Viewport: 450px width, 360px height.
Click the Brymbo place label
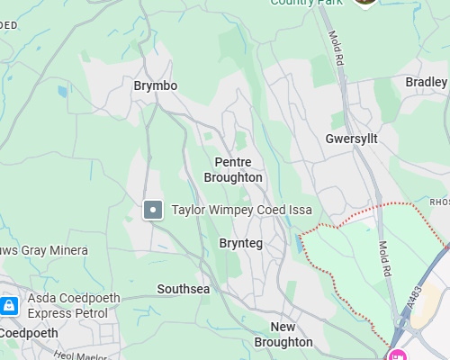pyautogui.click(x=155, y=85)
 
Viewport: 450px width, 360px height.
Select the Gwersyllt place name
pyautogui.click(x=351, y=139)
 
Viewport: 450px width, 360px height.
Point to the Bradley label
pyautogui.click(x=427, y=82)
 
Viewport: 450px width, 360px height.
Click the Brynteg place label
pyautogui.click(x=240, y=243)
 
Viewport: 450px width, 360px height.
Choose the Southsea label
pyautogui.click(x=183, y=289)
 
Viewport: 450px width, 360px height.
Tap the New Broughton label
pyautogui.click(x=283, y=334)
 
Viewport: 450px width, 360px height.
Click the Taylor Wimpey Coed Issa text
pyautogui.click(x=242, y=210)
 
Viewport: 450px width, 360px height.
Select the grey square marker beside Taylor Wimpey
pyautogui.click(x=153, y=211)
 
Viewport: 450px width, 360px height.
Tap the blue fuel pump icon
pyautogui.click(x=9, y=306)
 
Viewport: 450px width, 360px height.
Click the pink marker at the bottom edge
pyautogui.click(x=397, y=355)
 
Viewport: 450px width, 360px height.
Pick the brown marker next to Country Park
pyautogui.click(x=364, y=3)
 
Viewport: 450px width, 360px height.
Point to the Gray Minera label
pyautogui.click(x=45, y=250)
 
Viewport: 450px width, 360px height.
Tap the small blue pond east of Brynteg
pyautogui.click(x=299, y=244)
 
